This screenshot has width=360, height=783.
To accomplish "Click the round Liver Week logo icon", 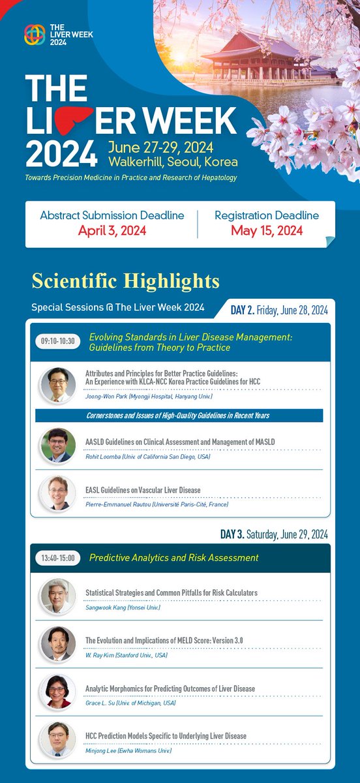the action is click(35, 35).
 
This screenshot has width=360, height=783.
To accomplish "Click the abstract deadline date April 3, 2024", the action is click(112, 230).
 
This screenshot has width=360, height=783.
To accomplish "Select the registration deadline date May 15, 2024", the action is click(266, 230).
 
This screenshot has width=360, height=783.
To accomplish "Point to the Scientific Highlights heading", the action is click(125, 281).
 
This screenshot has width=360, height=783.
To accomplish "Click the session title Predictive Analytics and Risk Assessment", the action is click(173, 558).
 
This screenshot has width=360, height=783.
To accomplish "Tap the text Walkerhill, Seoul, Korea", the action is click(173, 161).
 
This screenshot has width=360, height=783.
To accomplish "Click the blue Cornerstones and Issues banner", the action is click(179, 416).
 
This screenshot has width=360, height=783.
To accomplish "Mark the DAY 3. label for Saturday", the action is click(232, 534).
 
